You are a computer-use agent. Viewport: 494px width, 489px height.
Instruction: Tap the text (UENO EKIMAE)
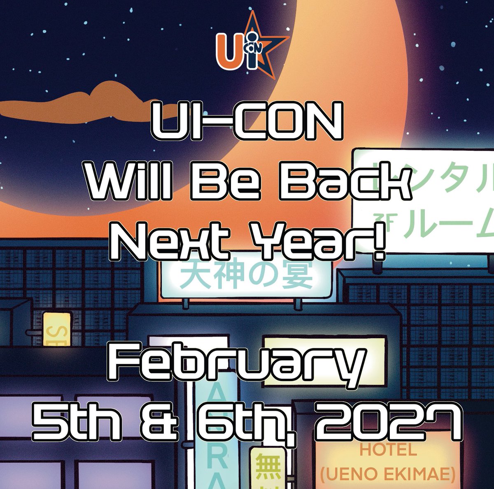387,473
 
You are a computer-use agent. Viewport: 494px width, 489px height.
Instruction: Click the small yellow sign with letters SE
56,329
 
